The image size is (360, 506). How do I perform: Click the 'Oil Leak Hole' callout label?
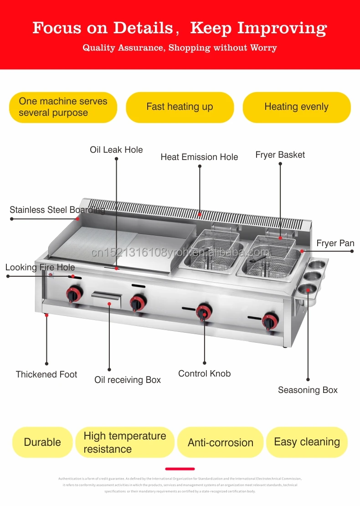116,150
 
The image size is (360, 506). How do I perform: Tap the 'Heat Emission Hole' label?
199,157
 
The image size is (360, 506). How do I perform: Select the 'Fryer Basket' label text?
280,155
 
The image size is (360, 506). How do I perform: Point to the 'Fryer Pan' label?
335,243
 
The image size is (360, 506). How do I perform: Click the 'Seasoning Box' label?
308,390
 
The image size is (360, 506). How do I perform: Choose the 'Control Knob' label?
204,373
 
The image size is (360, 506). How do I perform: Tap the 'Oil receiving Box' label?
128,380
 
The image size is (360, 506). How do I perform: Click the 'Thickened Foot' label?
46,374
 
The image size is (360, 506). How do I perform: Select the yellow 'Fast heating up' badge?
180,107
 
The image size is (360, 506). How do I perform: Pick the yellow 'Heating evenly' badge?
296,107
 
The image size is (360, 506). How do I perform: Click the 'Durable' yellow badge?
42,442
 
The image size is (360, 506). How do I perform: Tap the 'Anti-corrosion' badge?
221,442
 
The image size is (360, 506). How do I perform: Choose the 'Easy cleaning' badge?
307,442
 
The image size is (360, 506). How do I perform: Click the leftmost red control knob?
74,294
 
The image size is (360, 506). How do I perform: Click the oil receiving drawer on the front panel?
106,299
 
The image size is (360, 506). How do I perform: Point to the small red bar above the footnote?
180,469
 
